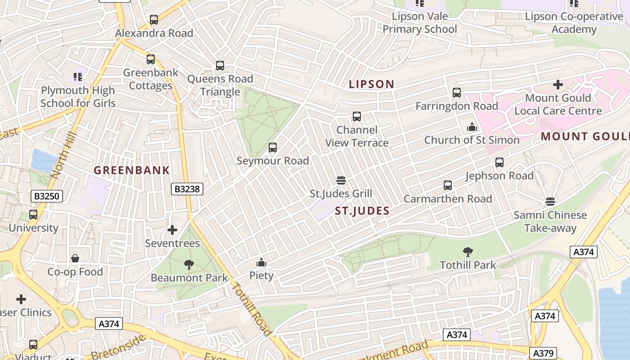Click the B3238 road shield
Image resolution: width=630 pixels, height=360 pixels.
click(x=187, y=189)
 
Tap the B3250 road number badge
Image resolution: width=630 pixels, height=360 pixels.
click(x=47, y=196)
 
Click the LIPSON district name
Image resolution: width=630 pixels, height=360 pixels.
click(x=372, y=84)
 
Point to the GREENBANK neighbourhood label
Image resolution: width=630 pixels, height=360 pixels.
click(x=132, y=170)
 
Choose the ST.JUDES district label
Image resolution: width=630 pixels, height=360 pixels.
click(x=362, y=211)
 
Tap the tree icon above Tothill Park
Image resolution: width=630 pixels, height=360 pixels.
click(x=468, y=252)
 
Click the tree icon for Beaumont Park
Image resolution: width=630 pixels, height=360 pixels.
click(x=189, y=265)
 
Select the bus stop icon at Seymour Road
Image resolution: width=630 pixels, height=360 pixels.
click(x=273, y=148)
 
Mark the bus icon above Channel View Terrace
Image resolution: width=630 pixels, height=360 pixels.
click(x=357, y=117)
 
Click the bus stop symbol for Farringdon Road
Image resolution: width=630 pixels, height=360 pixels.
click(x=457, y=93)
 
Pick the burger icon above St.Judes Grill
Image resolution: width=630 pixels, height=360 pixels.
click(x=341, y=180)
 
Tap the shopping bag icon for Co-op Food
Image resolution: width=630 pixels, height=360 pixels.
click(x=75, y=258)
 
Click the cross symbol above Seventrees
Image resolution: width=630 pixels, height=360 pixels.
click(x=172, y=230)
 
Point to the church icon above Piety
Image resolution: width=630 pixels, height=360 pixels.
click(x=261, y=262)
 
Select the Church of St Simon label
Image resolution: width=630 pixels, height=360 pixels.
click(x=472, y=140)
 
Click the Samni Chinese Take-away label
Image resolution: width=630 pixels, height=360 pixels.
click(x=550, y=221)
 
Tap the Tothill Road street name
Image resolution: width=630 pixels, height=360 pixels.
click(x=252, y=310)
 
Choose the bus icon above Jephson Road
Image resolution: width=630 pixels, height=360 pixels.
click(x=499, y=162)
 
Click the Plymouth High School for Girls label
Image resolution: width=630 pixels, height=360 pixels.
click(x=78, y=97)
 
